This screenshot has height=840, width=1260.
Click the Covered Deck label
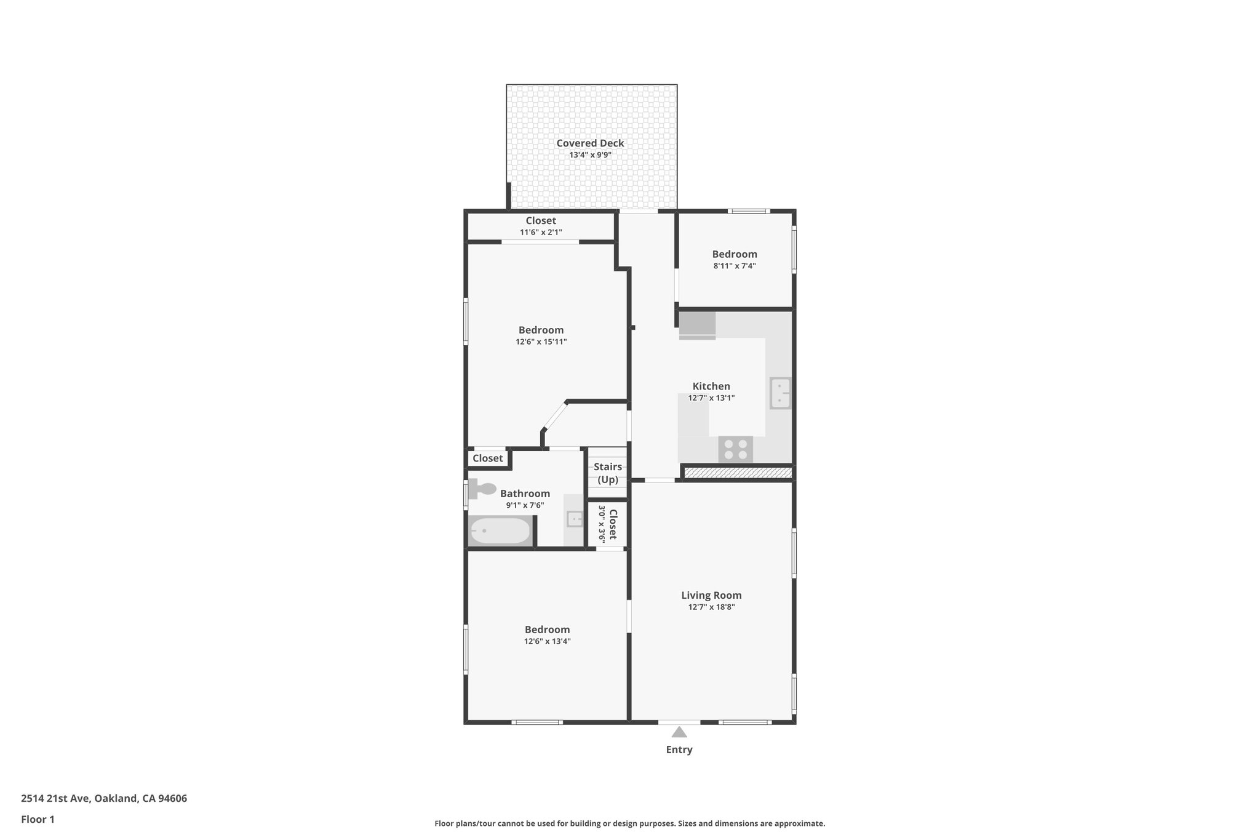coord(590,143)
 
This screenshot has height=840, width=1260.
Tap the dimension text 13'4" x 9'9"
coord(590,155)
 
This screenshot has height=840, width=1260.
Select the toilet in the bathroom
coord(482,489)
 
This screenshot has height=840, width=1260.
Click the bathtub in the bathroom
coord(500,531)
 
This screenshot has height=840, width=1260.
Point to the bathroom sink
coord(575,519)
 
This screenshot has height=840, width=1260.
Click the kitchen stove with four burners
coord(735,449)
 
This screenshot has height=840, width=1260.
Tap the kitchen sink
coord(780,393)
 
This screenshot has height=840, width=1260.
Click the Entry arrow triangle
coord(679,732)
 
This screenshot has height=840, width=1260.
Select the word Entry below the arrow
coord(679,750)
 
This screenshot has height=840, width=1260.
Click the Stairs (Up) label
coord(607,473)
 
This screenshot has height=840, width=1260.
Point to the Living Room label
coord(711,595)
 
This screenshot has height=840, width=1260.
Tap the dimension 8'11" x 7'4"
coord(735,266)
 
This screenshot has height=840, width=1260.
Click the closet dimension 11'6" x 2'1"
coord(541,233)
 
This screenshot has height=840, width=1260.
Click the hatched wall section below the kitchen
coord(738,473)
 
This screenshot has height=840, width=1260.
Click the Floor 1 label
coord(38,820)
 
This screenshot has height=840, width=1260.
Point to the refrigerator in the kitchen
coord(697,326)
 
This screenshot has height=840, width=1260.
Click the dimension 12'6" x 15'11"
coord(541,342)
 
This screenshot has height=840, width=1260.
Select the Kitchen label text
coord(711,386)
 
